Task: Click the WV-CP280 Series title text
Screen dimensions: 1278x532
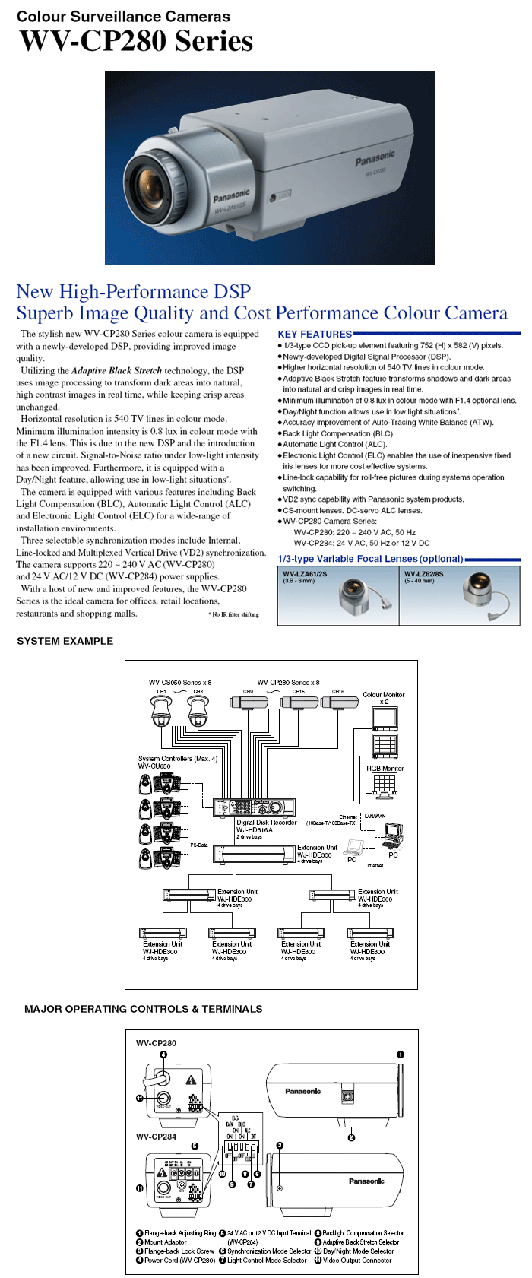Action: coord(137,41)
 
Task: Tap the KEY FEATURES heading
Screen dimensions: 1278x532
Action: coord(315,334)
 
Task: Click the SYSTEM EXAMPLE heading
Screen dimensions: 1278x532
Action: coord(65,641)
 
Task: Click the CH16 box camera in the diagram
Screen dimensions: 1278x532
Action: coord(338,702)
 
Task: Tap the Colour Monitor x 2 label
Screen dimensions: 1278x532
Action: coord(384,698)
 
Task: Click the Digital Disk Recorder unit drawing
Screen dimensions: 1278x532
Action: coord(254,807)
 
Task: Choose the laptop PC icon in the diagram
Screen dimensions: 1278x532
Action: coord(353,847)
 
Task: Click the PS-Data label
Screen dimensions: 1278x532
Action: coord(198,845)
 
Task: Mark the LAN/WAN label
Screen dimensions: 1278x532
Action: coord(375,817)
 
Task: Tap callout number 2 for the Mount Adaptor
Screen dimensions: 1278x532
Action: coord(351,1137)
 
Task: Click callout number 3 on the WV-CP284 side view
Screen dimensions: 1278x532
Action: coord(280,1145)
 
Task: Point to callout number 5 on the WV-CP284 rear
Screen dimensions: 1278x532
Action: coord(195,1146)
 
